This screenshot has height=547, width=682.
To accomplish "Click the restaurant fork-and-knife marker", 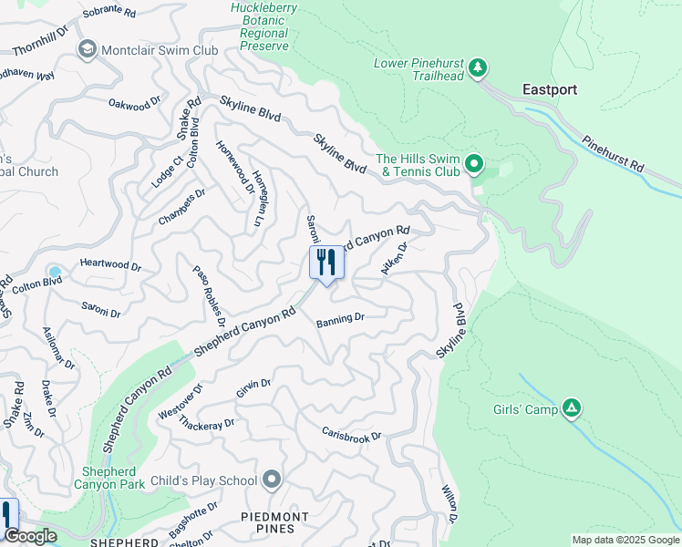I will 326,263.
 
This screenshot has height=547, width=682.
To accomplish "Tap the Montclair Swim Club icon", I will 88,49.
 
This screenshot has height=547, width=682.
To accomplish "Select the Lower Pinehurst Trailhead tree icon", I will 477,68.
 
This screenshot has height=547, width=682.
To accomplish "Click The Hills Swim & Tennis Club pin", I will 473,164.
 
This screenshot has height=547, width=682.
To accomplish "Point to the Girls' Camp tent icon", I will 572,409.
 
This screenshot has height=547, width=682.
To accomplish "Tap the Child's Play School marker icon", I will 271,480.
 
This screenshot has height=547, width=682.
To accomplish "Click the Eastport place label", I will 550,90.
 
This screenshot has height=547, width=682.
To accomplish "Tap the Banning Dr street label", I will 340,319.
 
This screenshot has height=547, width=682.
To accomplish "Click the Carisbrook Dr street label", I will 351,434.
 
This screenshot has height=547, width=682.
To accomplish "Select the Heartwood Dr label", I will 110,266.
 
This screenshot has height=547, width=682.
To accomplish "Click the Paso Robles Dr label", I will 209,295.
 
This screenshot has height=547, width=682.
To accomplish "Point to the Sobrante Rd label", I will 108,14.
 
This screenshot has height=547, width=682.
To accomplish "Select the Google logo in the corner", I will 29,536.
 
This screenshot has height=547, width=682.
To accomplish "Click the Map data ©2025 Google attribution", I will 625,540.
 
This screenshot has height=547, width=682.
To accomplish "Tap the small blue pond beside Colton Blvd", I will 55,272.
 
